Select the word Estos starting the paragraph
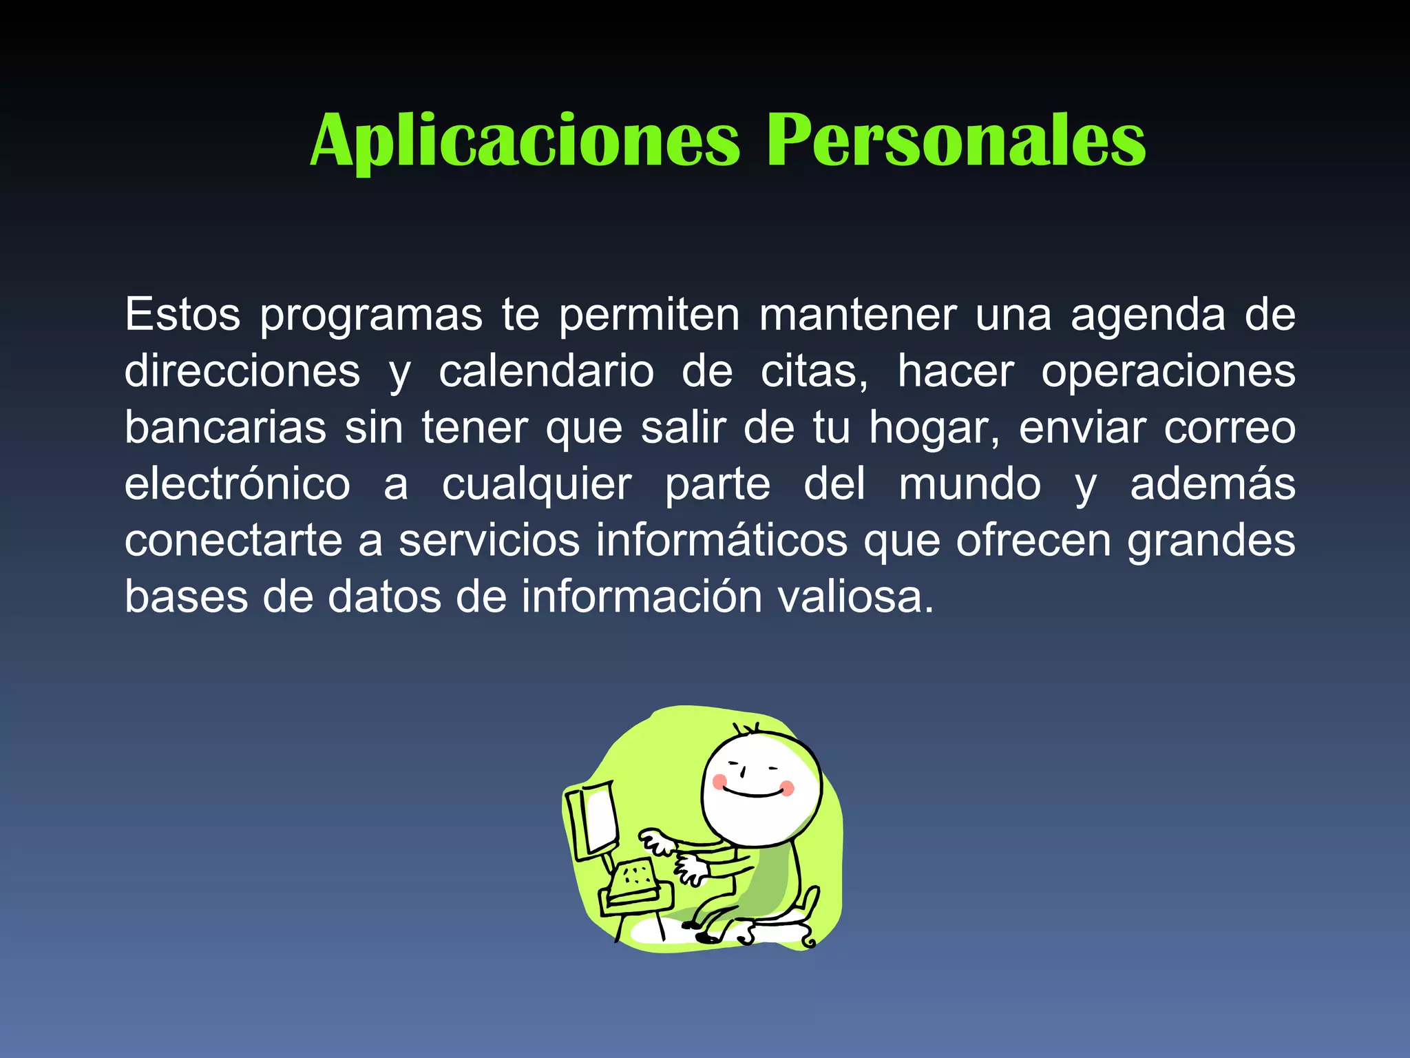(x=182, y=315)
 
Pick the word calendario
(x=547, y=372)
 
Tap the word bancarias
(x=225, y=428)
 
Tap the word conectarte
(x=233, y=541)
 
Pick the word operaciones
(x=1168, y=372)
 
